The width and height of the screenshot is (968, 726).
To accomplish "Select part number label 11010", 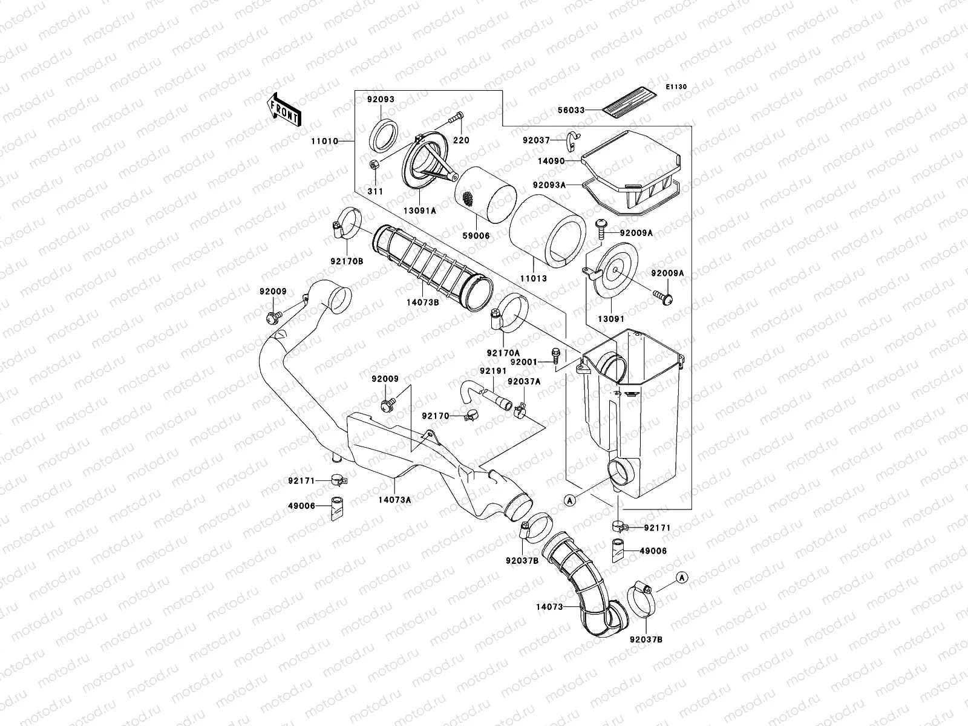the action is [x=325, y=141].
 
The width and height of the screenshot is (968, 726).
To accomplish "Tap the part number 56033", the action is [x=571, y=110].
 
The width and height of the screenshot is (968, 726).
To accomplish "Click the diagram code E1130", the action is [x=676, y=87].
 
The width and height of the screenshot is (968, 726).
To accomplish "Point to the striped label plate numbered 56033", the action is [x=629, y=103].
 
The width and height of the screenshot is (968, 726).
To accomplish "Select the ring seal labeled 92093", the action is [x=383, y=136].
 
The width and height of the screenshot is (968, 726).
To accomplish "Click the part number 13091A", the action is [x=420, y=211].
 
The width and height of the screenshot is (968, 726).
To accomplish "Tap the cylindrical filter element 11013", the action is [x=548, y=231].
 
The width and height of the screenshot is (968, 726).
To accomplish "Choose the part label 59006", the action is [x=476, y=236].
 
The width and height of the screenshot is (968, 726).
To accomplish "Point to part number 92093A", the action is [x=549, y=185].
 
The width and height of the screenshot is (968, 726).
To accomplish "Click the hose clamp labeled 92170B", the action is [x=347, y=223].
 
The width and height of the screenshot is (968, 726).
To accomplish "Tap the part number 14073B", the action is [x=422, y=302].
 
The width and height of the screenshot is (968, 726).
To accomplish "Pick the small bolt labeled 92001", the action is [x=555, y=355].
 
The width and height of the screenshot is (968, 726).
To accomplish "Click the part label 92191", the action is [x=494, y=371].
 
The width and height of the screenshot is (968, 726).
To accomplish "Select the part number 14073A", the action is [x=394, y=500].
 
